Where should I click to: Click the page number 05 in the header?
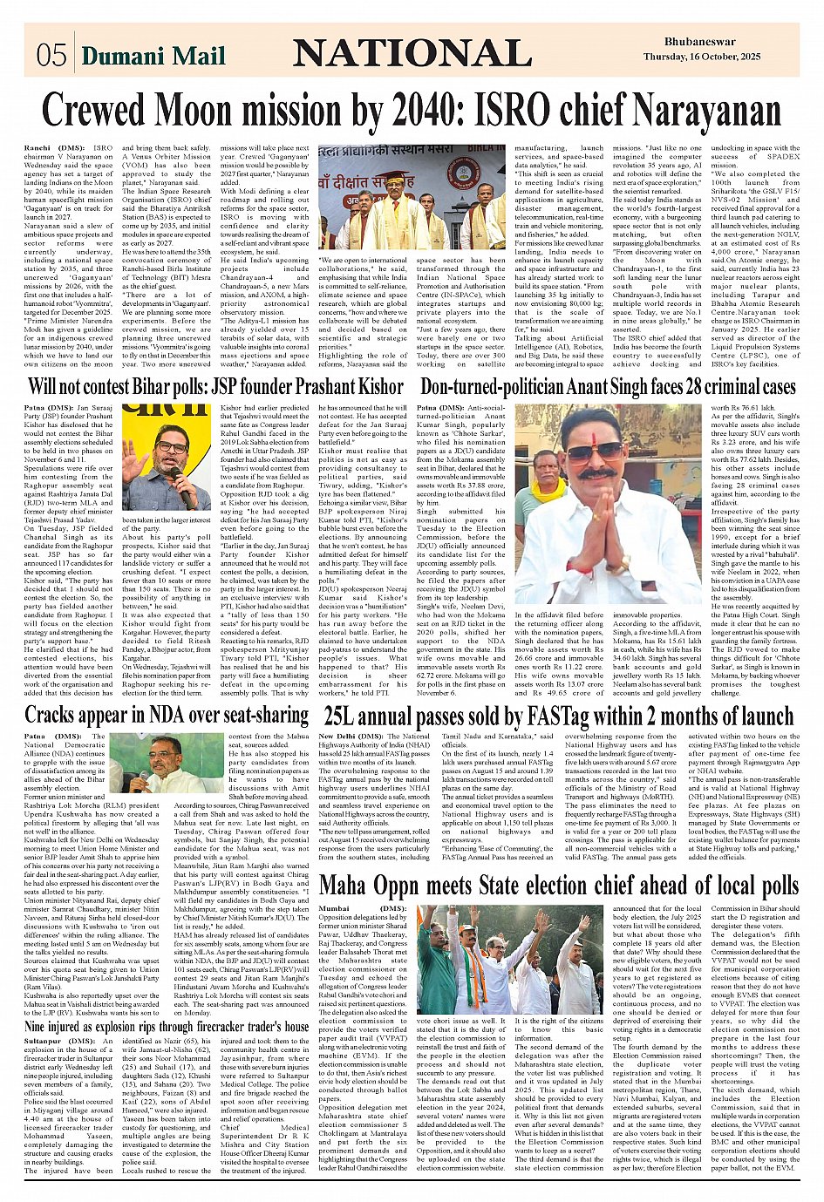point(51,56)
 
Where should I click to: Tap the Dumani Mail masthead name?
point(153,57)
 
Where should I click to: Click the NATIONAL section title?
point(412,54)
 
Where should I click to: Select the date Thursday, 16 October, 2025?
point(689,57)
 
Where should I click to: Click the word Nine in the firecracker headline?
point(40,1025)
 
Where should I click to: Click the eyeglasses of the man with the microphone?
point(173,448)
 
